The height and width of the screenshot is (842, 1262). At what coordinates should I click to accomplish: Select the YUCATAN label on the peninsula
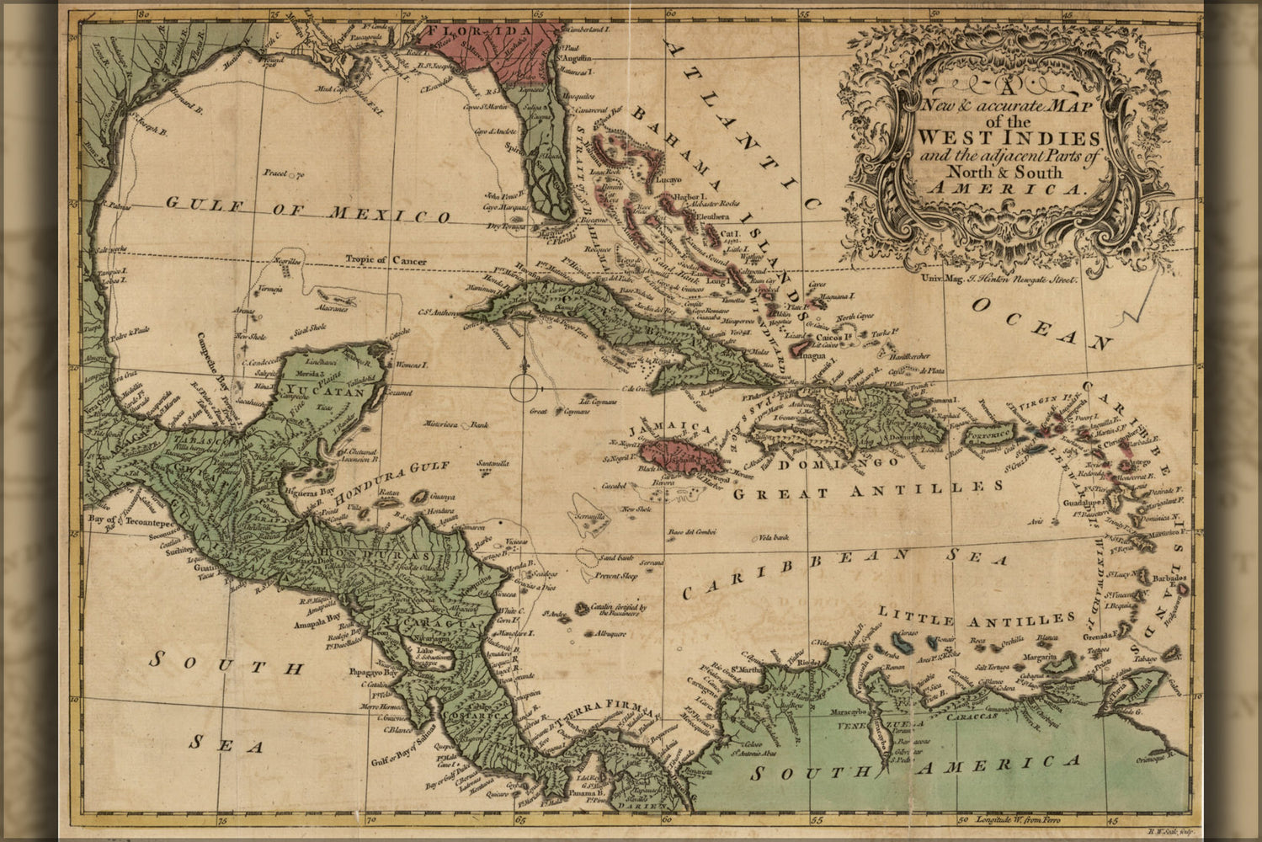[325, 391]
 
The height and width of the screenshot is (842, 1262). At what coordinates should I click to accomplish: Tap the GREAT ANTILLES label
[867, 490]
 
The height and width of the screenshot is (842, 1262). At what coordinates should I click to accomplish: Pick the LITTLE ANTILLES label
[977, 617]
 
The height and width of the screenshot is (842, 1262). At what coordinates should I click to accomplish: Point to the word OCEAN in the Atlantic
[1041, 322]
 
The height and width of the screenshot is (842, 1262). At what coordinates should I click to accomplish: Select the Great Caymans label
[548, 412]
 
